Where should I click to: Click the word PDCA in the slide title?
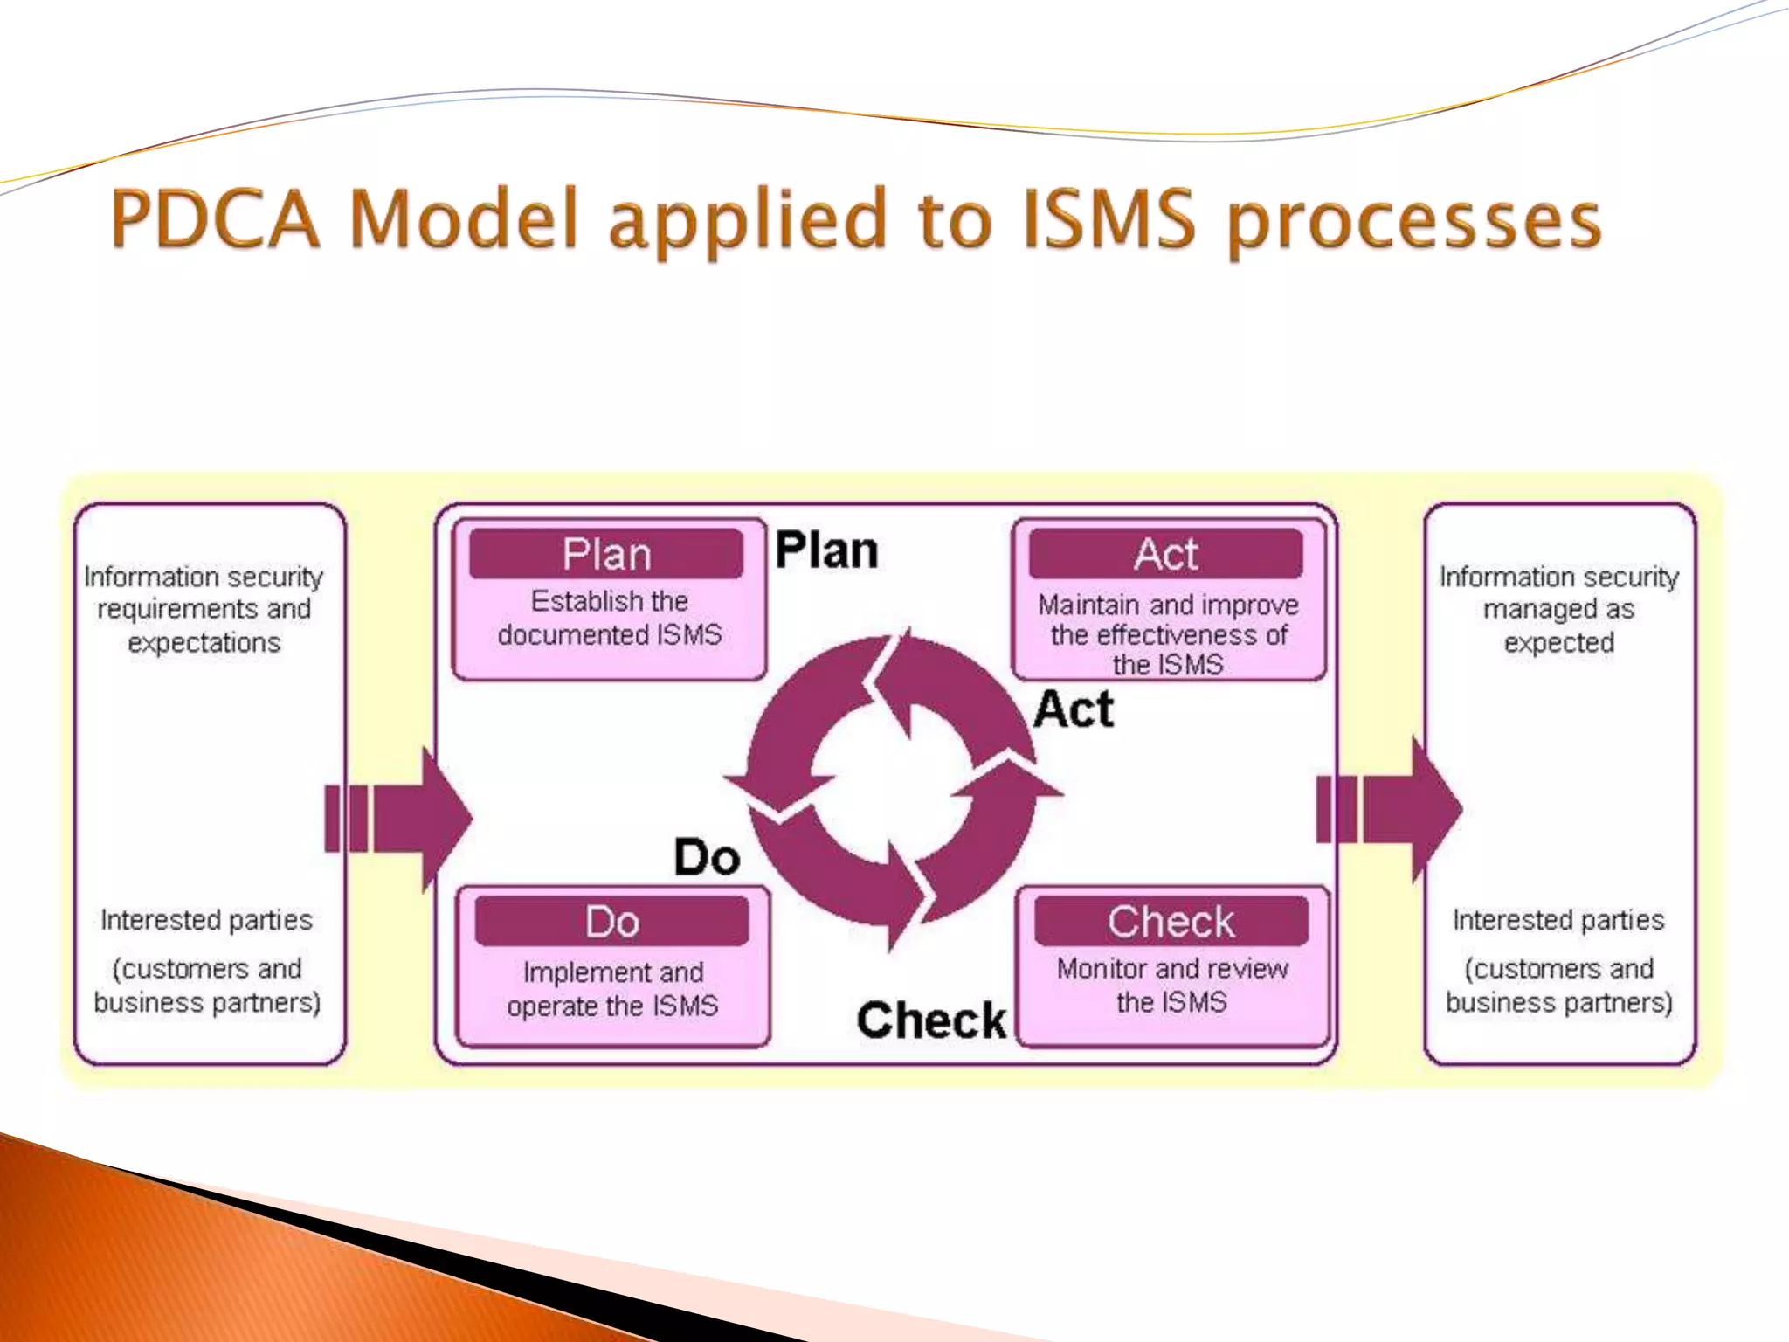tap(215, 218)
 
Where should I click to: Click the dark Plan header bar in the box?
tap(606, 554)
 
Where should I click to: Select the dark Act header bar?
tap(1166, 554)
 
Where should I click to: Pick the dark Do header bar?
tap(612, 922)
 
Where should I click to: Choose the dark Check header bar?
tap(1171, 922)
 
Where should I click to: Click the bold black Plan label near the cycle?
tap(826, 550)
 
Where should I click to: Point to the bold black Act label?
tap(1074, 709)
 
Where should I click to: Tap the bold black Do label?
tap(707, 857)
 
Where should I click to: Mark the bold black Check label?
tap(931, 1020)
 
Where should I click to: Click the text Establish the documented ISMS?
tap(610, 618)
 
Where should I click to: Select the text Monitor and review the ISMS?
tap(1171, 985)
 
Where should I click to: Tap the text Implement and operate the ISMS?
tap(612, 989)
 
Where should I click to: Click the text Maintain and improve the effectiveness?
tap(1168, 620)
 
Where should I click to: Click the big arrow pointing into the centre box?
tap(402, 818)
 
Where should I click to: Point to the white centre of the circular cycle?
tap(891, 792)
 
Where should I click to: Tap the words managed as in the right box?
tap(1558, 609)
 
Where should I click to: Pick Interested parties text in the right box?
tap(1558, 920)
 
